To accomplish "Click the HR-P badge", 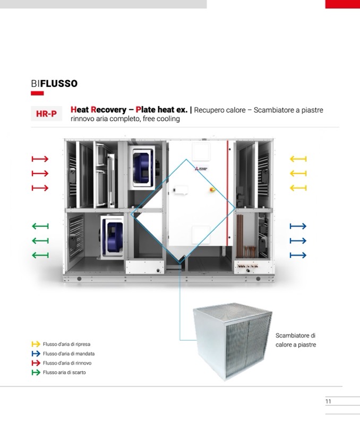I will pos(46,113).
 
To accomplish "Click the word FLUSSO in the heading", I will pos(59,84).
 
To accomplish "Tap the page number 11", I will pos(328,401).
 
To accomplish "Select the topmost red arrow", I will pos(40,159).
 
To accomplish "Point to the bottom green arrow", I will pos(40,255).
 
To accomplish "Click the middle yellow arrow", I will pos(298,173).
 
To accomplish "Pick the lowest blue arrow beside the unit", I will pos(298,255).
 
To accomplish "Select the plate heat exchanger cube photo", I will pos(228,339).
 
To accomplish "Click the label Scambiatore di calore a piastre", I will pos(295,340).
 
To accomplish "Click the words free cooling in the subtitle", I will pos(161,119).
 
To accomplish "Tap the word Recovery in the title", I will pos(108,110).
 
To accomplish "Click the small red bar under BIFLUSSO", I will pos(37,93).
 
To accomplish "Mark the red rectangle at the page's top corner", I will pos(342,4).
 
